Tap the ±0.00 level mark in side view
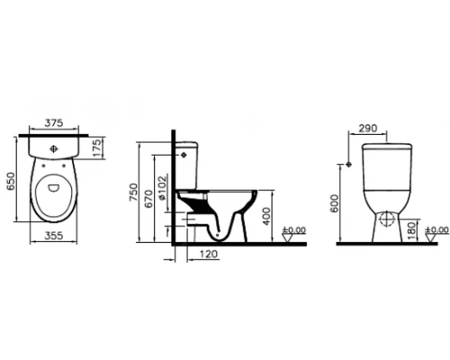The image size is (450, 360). pyautogui.click(x=295, y=230)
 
